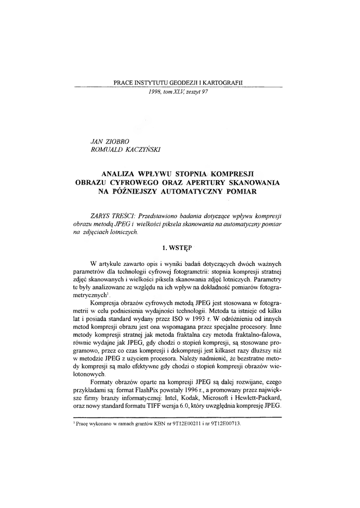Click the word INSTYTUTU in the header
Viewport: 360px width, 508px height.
tap(151, 83)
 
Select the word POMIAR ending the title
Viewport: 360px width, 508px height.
tap(241, 191)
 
